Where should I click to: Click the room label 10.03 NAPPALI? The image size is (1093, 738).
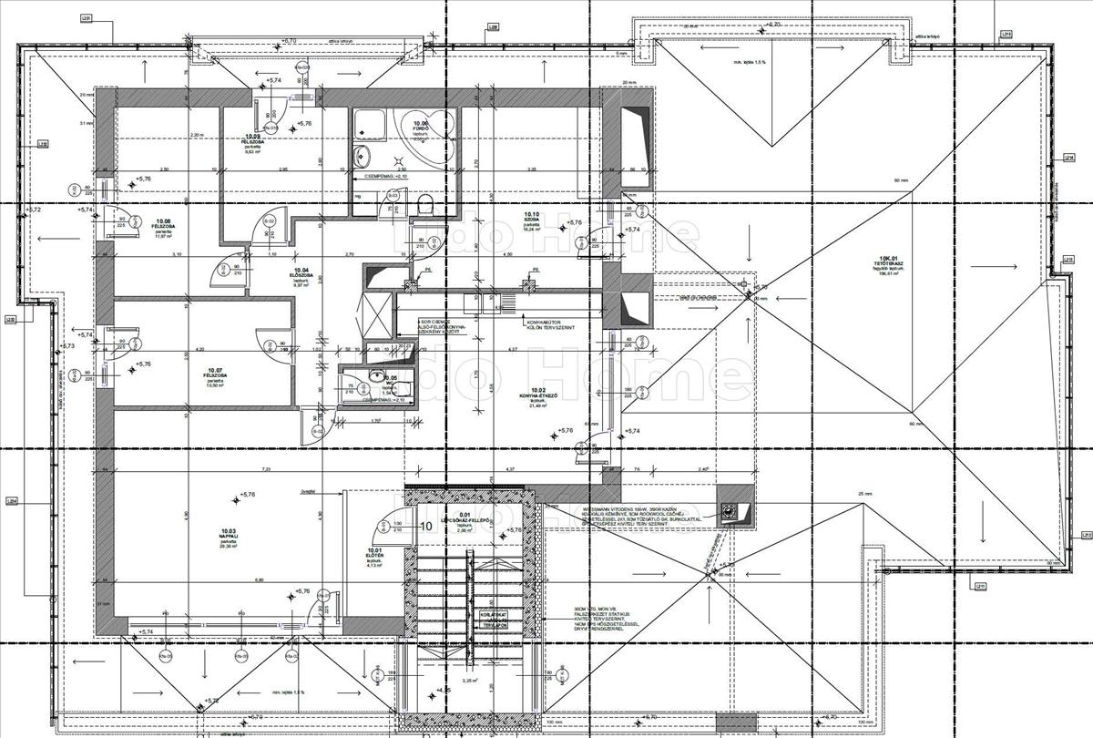click(x=229, y=535)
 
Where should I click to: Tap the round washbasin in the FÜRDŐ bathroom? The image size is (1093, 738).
click(x=363, y=156)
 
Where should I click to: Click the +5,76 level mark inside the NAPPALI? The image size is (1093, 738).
click(x=245, y=496)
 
